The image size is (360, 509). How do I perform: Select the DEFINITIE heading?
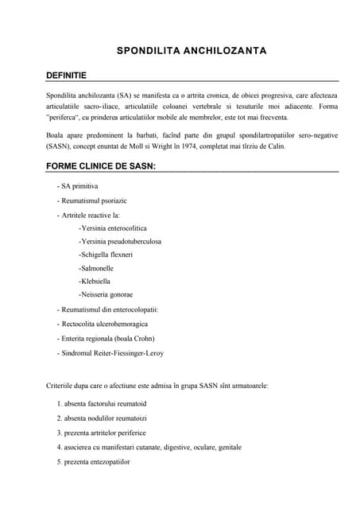coord(67,75)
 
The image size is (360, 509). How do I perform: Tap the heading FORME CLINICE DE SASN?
coord(101,166)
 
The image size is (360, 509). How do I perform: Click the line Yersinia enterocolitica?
coord(113,228)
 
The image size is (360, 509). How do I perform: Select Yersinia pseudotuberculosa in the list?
coord(120,242)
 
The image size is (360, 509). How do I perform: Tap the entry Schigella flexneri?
coord(106,254)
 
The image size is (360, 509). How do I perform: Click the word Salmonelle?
coord(97,268)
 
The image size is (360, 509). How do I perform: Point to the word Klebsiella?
coord(95,282)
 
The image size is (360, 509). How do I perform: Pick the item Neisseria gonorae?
coord(106,294)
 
